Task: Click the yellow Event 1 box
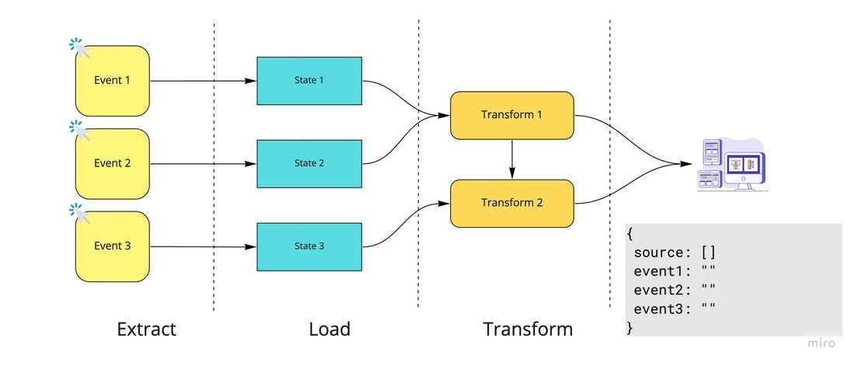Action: coord(112,80)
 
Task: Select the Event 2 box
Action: coord(112,163)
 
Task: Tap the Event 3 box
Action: coord(112,246)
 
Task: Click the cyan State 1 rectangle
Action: coord(309,80)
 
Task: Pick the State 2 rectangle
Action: coord(309,163)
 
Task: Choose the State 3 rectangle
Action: coord(309,246)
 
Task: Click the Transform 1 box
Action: coord(511,115)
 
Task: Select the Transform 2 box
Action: coord(511,203)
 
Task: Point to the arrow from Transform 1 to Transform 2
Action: coord(511,159)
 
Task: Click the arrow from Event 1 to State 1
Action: coord(202,80)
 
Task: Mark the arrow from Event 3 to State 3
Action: coord(202,246)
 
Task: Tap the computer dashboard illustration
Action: coord(731,165)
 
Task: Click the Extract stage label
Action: coord(146,329)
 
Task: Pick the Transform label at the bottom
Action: coord(528,329)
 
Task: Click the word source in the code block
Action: coord(661,252)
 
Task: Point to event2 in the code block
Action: coord(661,289)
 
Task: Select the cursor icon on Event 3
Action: coord(79,211)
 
